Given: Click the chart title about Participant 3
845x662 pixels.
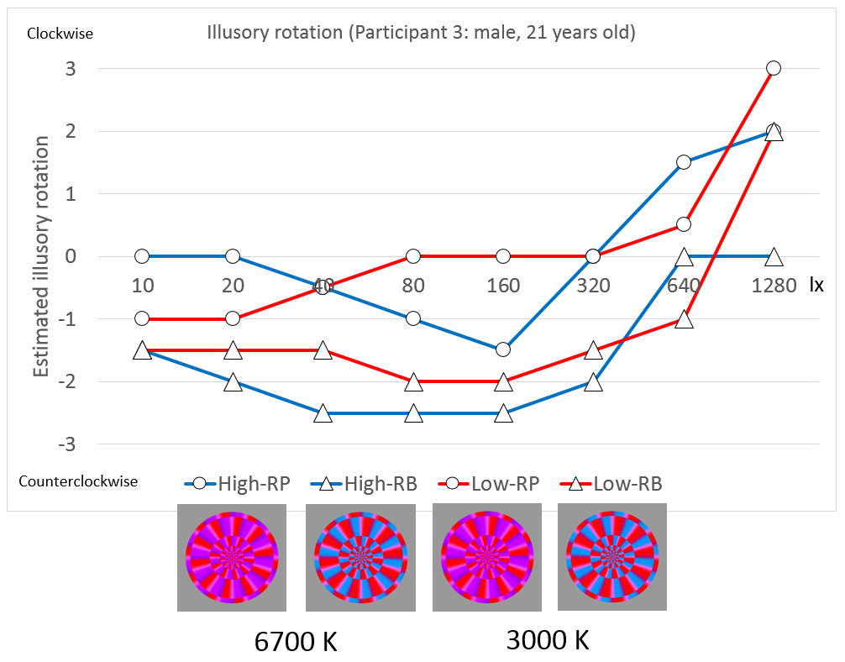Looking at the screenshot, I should coord(421,34).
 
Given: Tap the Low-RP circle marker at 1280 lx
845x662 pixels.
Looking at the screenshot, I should coord(774,68).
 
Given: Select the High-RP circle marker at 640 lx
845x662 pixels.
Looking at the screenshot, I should coord(684,162).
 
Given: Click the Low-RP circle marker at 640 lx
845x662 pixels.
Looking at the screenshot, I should coord(684,224).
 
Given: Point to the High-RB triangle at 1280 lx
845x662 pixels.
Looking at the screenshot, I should coord(774,256).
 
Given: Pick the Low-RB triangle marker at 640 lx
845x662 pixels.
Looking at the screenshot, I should coord(684,319).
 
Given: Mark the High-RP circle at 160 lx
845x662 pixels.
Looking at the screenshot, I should coord(503,349).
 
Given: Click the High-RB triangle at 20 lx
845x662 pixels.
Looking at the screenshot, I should coord(233,382).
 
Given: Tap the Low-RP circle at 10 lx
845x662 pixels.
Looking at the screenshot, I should coord(142,318).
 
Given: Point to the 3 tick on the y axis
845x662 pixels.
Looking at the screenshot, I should coord(71,69).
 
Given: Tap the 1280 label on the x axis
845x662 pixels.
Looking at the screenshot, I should coord(774,285).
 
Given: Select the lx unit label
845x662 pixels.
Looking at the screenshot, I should coord(816,285).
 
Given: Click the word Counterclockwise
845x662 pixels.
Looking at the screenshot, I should coord(78,482).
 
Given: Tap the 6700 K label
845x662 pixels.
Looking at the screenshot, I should coord(296,643).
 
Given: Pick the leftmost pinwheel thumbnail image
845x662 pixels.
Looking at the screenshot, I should coord(232,557).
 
